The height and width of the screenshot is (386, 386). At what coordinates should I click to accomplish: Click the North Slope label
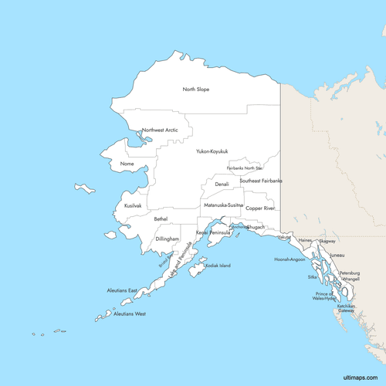point(196,90)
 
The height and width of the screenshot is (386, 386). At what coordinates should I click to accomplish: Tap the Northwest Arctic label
point(160,130)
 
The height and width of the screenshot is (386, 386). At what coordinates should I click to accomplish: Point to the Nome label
point(128,164)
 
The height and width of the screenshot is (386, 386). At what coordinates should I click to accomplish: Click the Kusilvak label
point(133,206)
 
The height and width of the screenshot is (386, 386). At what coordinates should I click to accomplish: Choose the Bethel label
point(161,219)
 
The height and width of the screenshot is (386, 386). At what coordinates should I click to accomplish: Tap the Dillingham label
point(168,239)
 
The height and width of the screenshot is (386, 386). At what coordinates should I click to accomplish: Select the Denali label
point(222,185)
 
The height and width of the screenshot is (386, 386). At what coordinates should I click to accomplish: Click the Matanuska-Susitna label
point(223,205)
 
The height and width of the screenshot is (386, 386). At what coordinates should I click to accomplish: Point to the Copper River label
point(260,208)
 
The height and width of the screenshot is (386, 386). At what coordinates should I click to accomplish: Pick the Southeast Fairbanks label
point(261,181)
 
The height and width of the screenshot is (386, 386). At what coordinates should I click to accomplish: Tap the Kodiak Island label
point(218,266)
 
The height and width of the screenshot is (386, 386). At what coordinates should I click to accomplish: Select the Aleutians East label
point(122,290)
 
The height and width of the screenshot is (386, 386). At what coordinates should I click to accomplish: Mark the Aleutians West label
point(129,314)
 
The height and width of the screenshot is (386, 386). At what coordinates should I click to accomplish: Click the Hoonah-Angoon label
point(289,259)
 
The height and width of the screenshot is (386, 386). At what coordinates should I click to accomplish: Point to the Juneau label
point(337,255)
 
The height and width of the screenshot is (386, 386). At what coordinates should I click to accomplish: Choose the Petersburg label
point(350,273)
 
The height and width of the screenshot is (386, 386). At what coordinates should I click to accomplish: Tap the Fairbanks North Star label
point(245,168)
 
